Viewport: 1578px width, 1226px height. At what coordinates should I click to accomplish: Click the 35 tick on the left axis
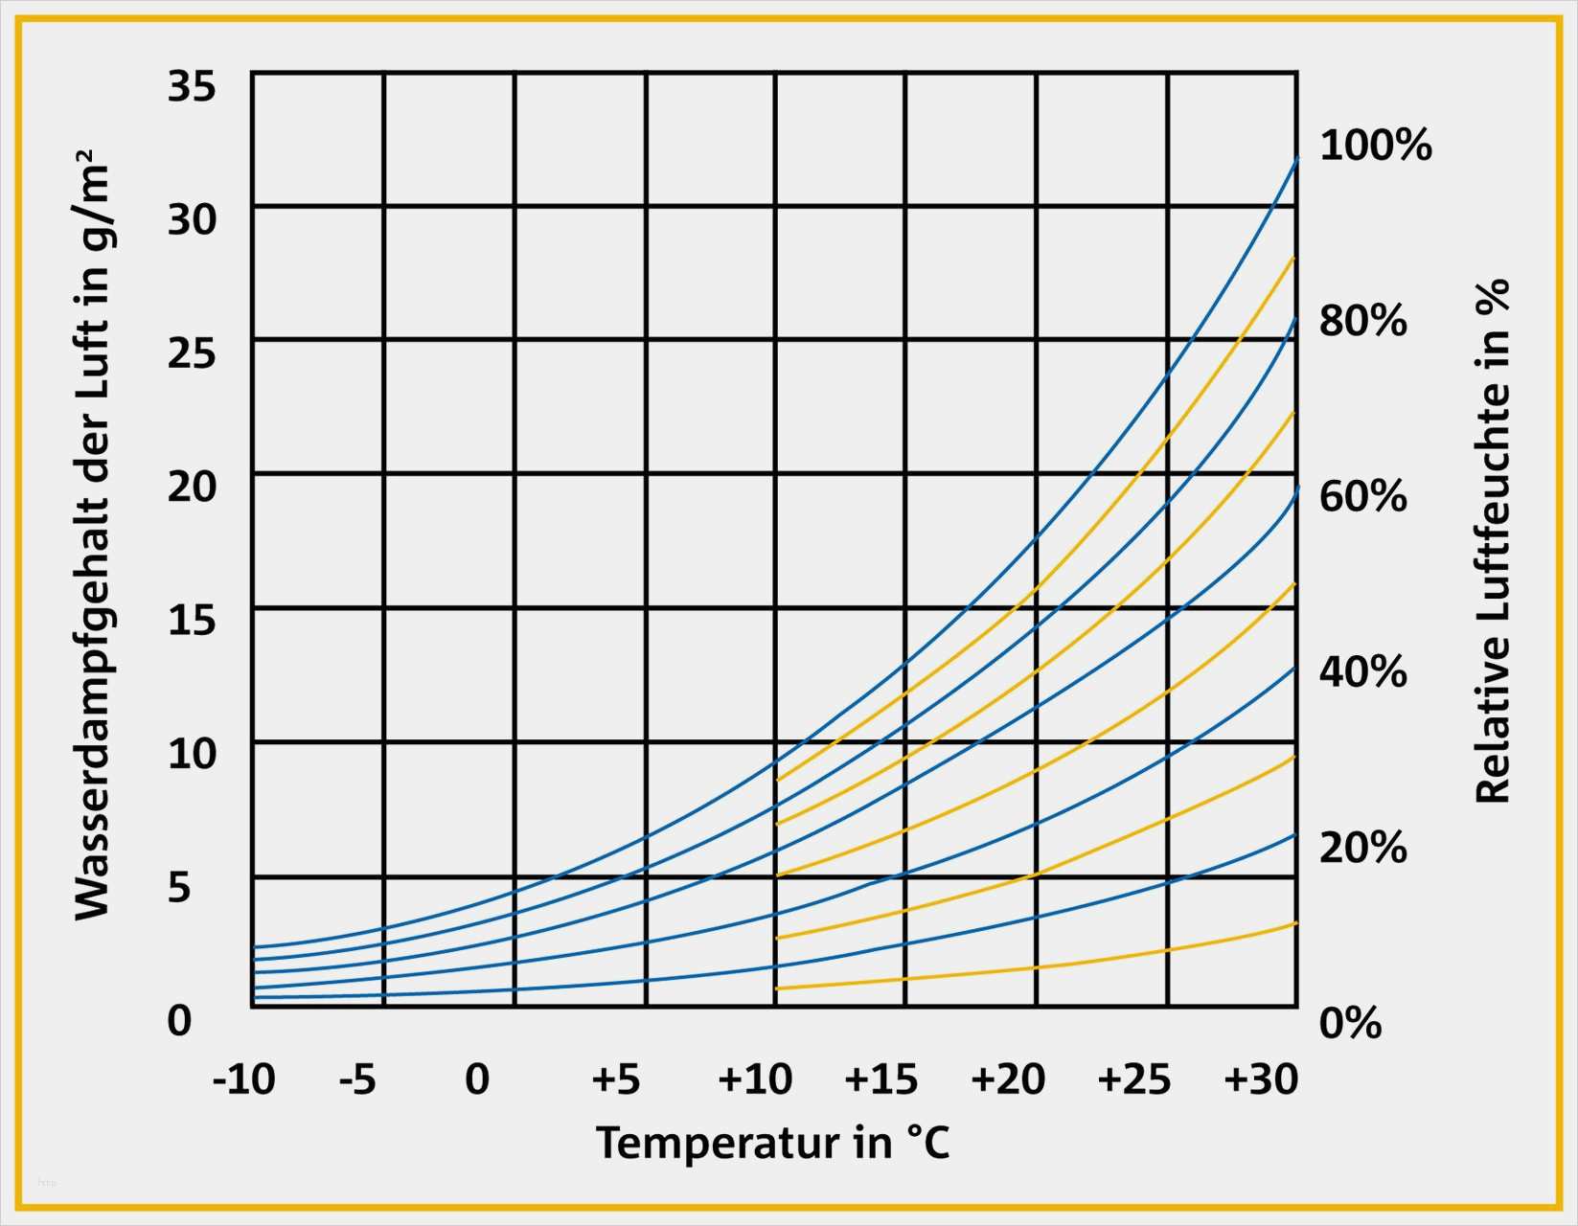point(192,86)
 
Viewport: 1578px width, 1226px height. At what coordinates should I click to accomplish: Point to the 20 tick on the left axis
point(192,487)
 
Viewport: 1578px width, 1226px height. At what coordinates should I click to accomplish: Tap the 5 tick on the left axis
point(180,888)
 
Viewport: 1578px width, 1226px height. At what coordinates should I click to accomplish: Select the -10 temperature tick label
point(243,1079)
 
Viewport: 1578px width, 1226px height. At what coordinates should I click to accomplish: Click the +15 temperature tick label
point(880,1079)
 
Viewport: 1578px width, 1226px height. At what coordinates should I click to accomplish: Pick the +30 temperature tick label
point(1261,1079)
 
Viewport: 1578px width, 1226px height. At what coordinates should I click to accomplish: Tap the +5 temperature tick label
point(615,1079)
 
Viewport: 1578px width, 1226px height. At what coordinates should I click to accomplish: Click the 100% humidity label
point(1375,146)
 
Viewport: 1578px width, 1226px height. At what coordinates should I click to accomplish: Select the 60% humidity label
point(1362,496)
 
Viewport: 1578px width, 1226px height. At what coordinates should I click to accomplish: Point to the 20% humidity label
point(1362,848)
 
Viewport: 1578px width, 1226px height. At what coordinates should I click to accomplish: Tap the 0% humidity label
point(1350,1023)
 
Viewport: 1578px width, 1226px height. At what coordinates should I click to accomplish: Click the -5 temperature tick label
point(357,1079)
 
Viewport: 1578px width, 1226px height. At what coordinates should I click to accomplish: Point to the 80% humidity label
point(1362,321)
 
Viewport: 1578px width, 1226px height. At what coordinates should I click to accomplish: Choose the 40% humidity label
point(1362,671)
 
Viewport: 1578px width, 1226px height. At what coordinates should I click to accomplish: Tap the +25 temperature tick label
point(1133,1079)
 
